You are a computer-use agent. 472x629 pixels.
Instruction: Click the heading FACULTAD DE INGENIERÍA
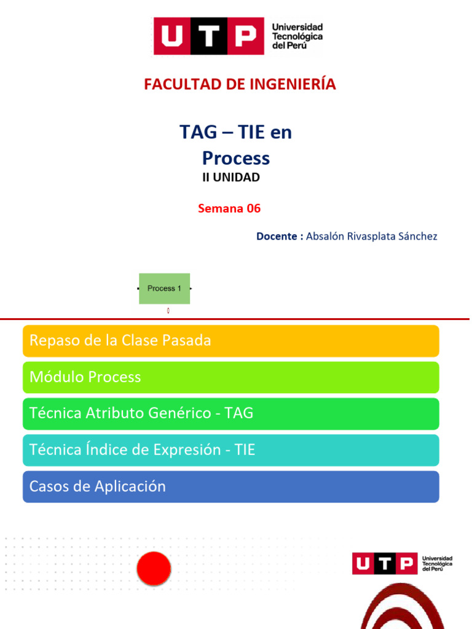point(240,85)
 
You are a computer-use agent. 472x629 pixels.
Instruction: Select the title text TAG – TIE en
point(235,132)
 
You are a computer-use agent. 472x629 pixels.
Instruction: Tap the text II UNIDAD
point(231,178)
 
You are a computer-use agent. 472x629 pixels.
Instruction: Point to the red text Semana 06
point(229,209)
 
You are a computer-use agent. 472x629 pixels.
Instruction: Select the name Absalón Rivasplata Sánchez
point(372,236)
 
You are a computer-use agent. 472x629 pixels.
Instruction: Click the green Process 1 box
point(164,288)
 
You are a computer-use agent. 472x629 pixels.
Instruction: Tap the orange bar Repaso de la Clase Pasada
point(231,341)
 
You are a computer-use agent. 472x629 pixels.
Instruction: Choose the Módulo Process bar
point(231,377)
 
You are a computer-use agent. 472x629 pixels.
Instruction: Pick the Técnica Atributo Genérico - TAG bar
point(231,413)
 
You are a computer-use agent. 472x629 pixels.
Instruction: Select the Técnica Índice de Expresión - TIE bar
point(231,450)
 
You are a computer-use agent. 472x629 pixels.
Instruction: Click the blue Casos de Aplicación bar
point(231,486)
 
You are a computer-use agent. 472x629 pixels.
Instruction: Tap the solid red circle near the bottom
point(153,568)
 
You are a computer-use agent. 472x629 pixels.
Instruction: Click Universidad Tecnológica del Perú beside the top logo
point(297,37)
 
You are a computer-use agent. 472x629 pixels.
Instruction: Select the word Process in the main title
point(236,158)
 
